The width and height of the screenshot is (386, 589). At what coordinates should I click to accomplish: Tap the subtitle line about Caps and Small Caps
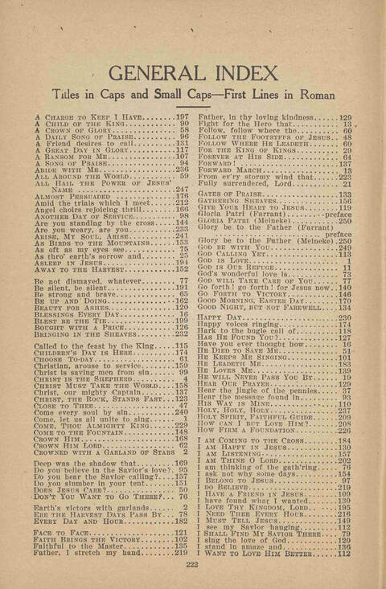[x=193, y=99]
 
